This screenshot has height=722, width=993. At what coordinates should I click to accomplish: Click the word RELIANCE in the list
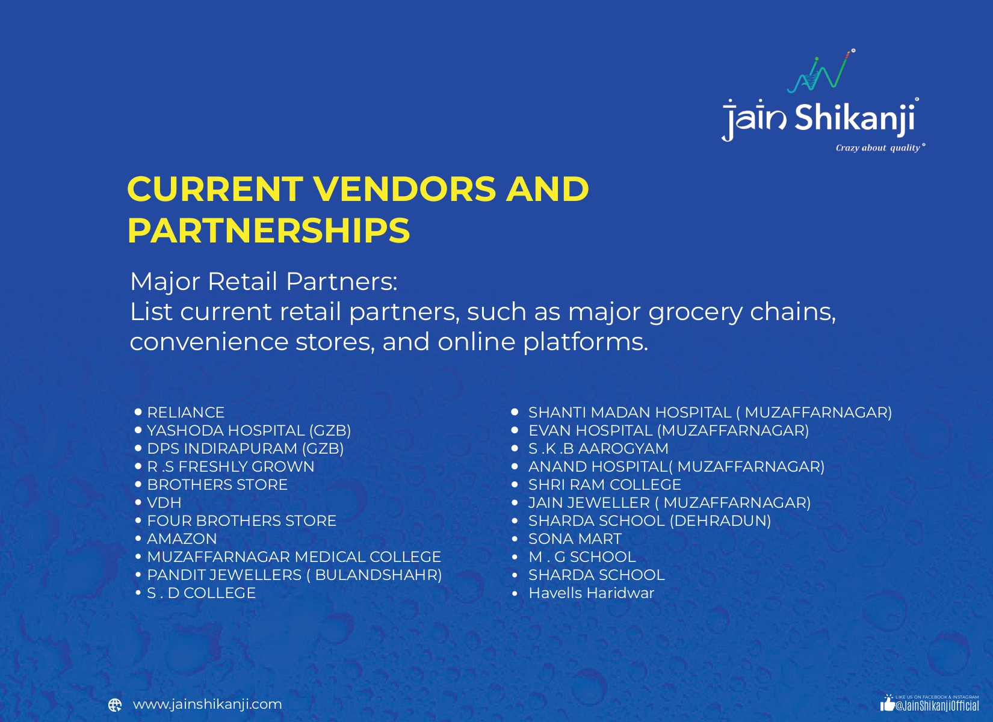tap(185, 413)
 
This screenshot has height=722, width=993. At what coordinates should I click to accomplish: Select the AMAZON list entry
tap(182, 539)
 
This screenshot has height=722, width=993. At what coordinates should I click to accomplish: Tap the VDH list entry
tap(164, 503)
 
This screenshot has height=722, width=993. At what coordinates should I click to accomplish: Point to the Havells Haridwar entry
tap(591, 593)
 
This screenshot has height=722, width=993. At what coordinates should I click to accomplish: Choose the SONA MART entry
tap(575, 539)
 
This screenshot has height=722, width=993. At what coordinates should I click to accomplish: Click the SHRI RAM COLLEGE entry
tap(604, 485)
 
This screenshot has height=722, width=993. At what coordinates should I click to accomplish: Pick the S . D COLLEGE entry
tap(201, 593)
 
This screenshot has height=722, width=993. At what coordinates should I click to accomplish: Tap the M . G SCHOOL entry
tap(582, 557)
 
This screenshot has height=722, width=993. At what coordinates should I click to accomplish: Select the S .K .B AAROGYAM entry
tap(598, 449)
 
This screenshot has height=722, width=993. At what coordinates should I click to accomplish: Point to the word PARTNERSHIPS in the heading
tap(268, 230)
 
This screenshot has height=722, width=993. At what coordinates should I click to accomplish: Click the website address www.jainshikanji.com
tap(207, 704)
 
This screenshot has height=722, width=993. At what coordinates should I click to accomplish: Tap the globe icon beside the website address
tap(115, 705)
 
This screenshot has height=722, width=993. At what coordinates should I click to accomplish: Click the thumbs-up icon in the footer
tap(887, 703)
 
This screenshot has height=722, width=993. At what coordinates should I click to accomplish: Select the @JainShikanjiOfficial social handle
tap(937, 706)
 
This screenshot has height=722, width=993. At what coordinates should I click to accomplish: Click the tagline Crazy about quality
tap(879, 148)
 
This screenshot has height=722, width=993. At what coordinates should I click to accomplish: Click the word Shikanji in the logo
tap(856, 117)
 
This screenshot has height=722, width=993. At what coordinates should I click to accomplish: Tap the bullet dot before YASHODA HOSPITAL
tap(138, 430)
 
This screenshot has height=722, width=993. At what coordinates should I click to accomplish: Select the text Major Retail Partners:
tap(264, 282)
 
